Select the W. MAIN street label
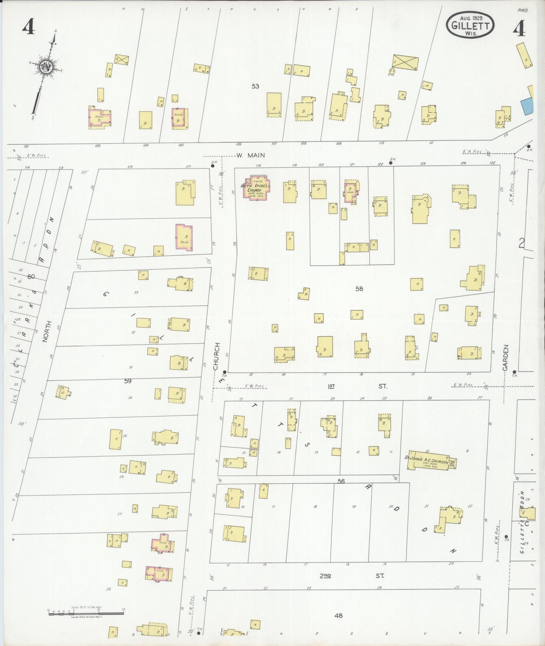pyautogui.click(x=250, y=155)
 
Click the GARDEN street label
pyautogui.click(x=505, y=358)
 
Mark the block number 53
pyautogui.click(x=255, y=86)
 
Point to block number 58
pyautogui.click(x=359, y=289)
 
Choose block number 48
pyautogui.click(x=338, y=616)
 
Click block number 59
pyautogui.click(x=127, y=381)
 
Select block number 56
pyautogui.click(x=341, y=481)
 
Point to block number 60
pyautogui.click(x=31, y=277)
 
